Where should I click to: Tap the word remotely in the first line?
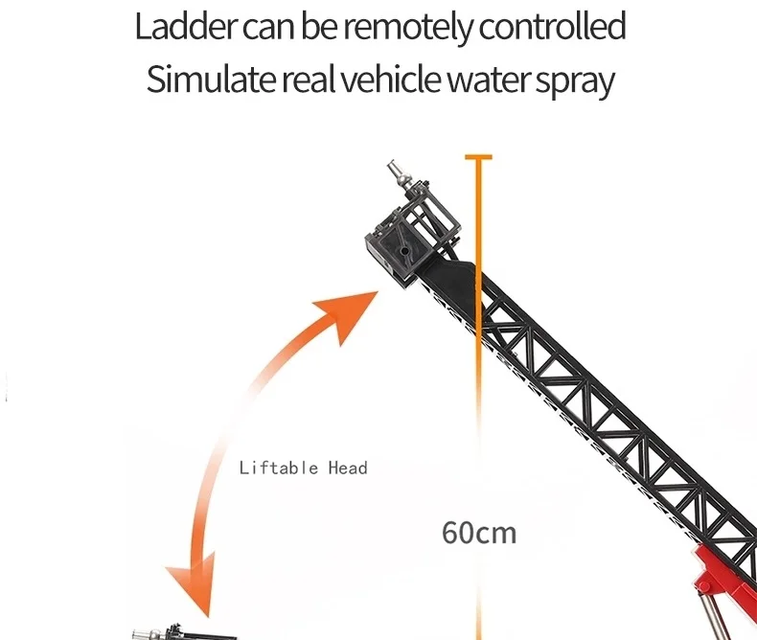point(406,27)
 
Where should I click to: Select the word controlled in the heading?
point(552,27)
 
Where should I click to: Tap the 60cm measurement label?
point(478,531)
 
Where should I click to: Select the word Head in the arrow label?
point(348,468)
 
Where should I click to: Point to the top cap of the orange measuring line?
point(477,156)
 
